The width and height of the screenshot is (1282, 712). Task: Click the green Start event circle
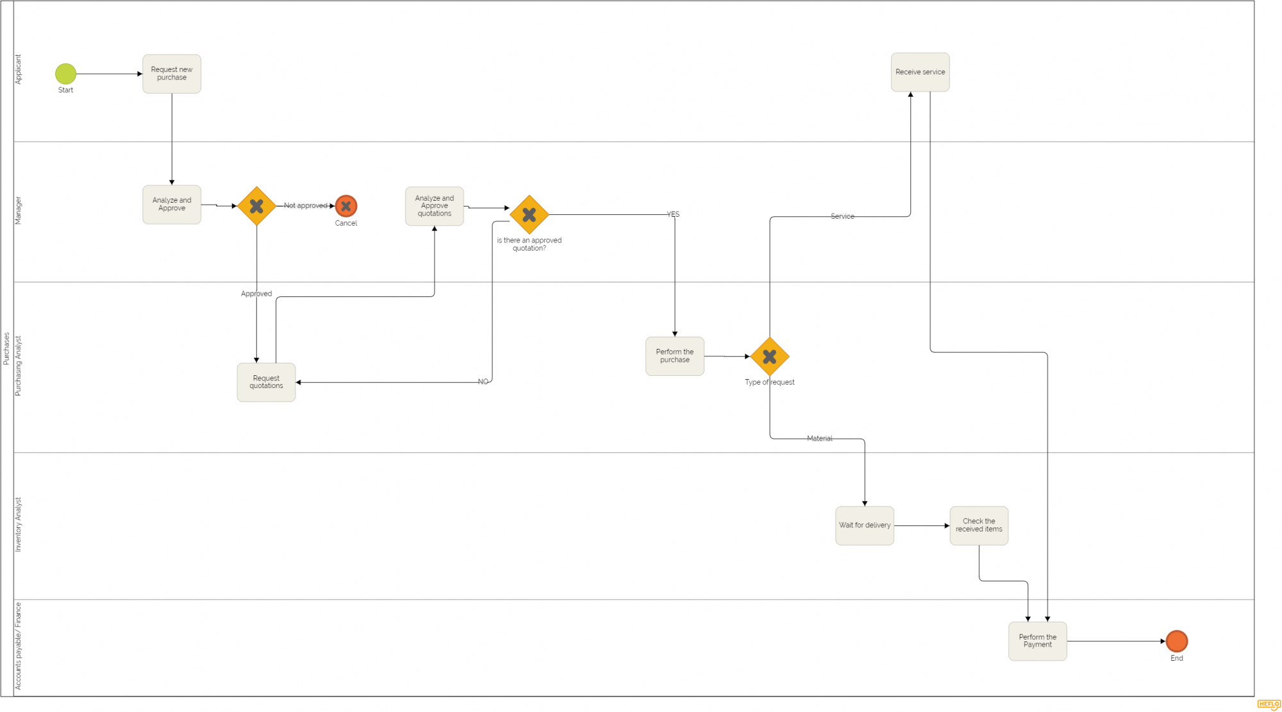click(x=65, y=74)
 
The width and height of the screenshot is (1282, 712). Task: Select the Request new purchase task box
click(x=172, y=74)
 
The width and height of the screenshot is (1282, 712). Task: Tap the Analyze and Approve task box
click(x=172, y=205)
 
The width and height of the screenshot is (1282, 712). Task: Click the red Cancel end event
click(x=346, y=206)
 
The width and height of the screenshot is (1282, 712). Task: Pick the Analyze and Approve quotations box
click(x=435, y=206)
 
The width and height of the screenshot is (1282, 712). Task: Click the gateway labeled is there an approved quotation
click(x=529, y=215)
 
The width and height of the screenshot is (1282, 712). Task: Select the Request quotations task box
click(x=266, y=382)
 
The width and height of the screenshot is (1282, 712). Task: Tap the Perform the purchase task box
click(x=674, y=356)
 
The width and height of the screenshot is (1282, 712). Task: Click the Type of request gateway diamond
click(x=769, y=357)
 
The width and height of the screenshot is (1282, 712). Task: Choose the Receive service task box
click(x=920, y=72)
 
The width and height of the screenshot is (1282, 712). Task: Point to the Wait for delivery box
click(x=865, y=525)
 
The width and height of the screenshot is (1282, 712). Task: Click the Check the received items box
click(x=979, y=525)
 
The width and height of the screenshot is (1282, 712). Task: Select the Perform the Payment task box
click(x=1037, y=641)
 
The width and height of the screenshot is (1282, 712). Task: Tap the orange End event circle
click(x=1177, y=641)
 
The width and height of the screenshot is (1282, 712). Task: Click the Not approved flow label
click(x=306, y=206)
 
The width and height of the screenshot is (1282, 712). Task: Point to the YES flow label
click(x=673, y=214)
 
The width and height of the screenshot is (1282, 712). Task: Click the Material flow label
click(x=820, y=439)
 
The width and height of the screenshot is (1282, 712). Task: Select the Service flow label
click(x=842, y=217)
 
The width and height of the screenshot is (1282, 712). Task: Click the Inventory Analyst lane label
click(x=18, y=525)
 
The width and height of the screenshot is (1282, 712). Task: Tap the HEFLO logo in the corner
click(x=1269, y=704)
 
